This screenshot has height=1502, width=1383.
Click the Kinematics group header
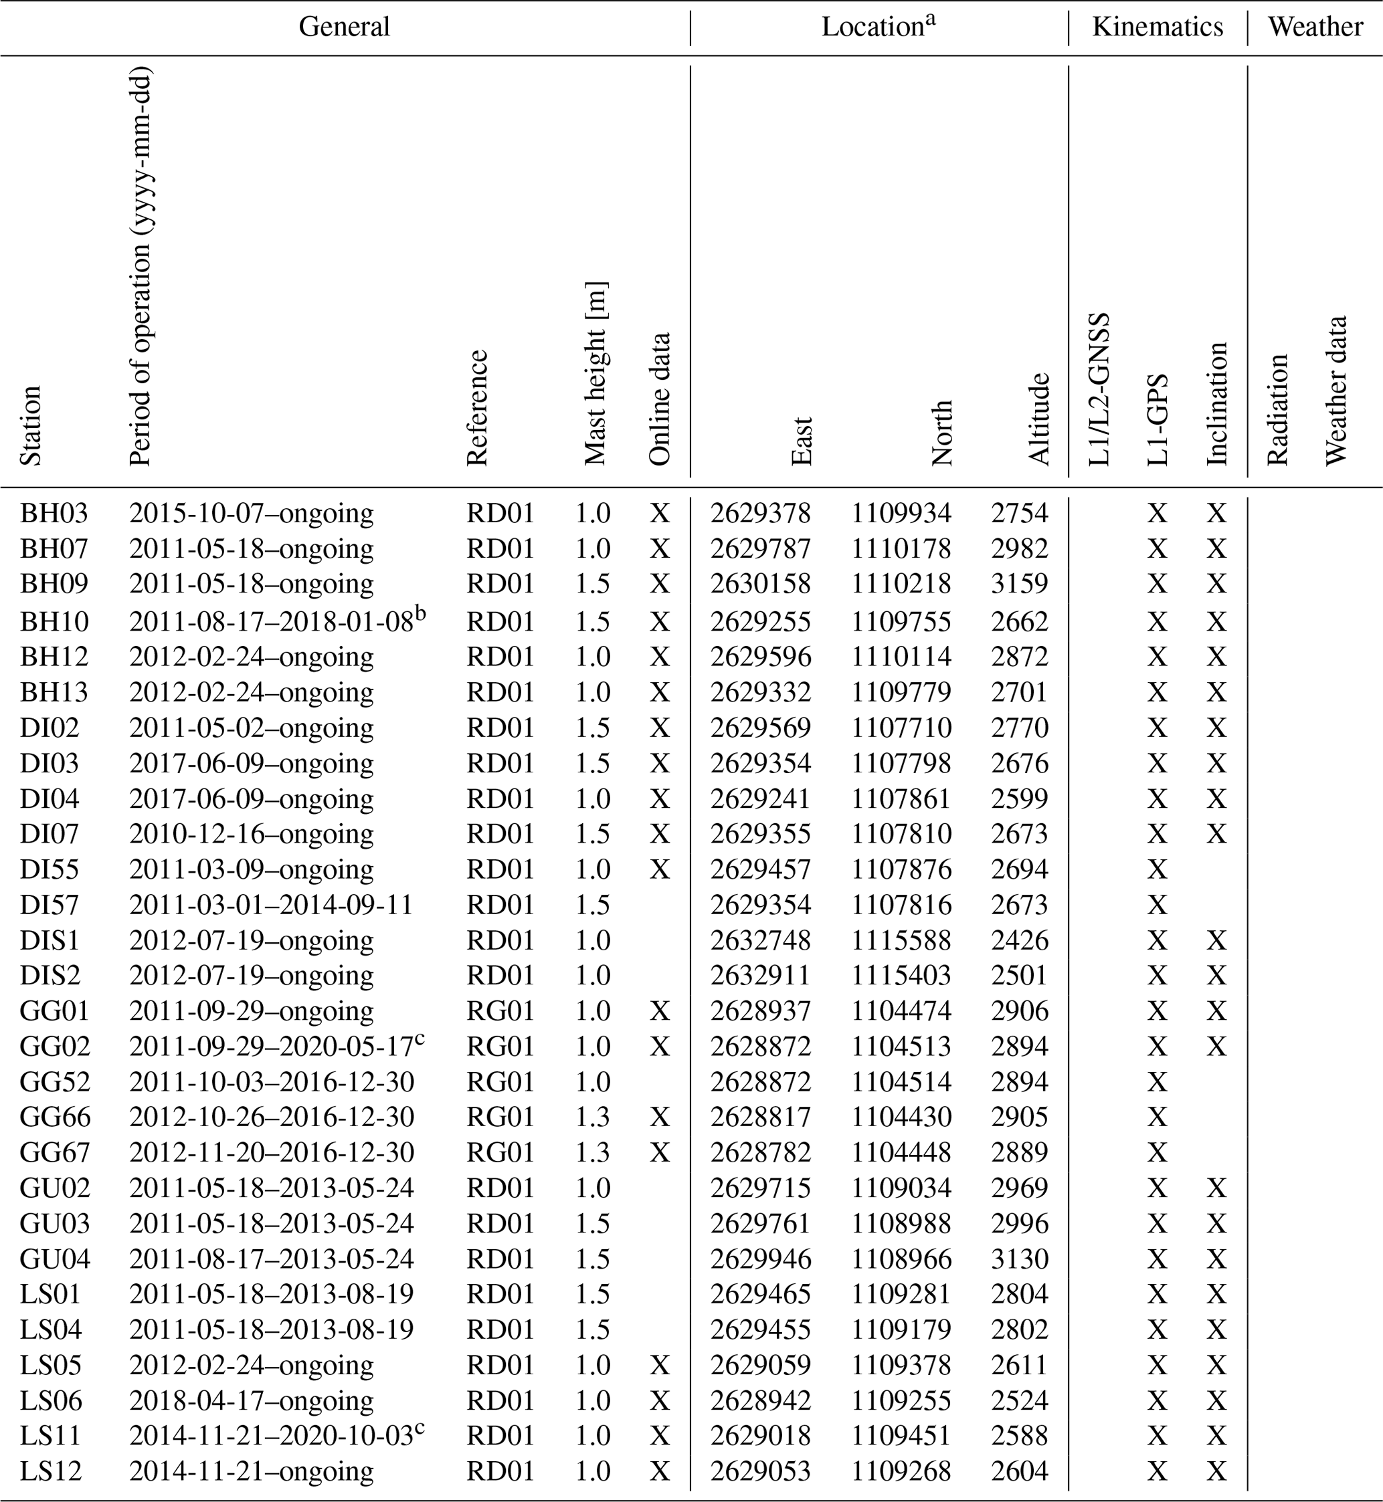[1157, 27]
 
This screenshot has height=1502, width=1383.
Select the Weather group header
[1315, 27]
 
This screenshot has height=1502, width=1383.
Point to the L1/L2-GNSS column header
[1099, 389]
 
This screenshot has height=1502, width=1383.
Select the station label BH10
[54, 621]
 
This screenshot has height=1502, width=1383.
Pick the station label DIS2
[50, 976]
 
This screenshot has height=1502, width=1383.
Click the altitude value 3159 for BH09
[1019, 583]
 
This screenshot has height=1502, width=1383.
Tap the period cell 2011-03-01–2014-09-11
[271, 905]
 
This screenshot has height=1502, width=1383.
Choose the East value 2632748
[760, 940]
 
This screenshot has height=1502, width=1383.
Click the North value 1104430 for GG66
[901, 1117]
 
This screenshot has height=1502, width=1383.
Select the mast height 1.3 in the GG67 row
[593, 1153]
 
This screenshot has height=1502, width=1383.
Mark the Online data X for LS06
[659, 1401]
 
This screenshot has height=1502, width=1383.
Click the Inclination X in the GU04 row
[1216, 1259]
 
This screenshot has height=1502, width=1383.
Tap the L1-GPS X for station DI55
[1157, 869]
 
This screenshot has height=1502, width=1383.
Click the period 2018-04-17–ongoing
[251, 1401]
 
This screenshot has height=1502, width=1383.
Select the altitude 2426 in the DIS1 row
[1019, 940]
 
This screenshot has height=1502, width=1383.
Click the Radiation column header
[1277, 409]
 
